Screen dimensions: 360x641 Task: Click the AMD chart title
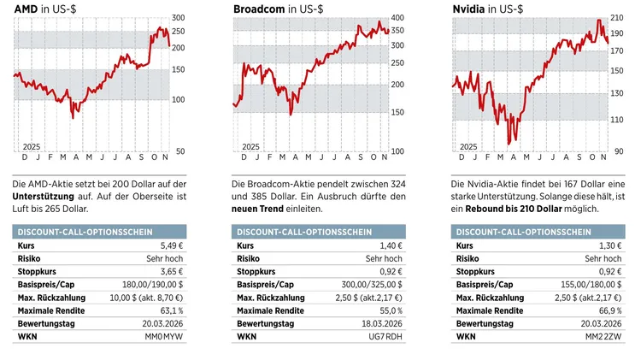tap(42, 9)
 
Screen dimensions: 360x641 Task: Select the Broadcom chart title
tap(273, 9)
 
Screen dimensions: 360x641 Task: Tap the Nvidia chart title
tap(487, 9)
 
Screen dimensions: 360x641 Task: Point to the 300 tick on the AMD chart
tap(178, 18)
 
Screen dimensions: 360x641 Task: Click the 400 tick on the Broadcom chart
tap(397, 18)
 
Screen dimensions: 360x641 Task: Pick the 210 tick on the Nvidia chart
tap(616, 18)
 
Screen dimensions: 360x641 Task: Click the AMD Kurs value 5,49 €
tap(171, 245)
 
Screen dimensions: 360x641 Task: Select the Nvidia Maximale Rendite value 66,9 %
tap(608, 310)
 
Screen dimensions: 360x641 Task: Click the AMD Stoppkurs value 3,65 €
tap(171, 271)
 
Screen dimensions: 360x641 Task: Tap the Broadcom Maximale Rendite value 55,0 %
tap(389, 310)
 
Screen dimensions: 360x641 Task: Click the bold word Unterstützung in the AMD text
tap(46, 196)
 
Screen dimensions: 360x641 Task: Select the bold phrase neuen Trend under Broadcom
tap(257, 209)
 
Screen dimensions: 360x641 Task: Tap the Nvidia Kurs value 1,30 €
tap(609, 245)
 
